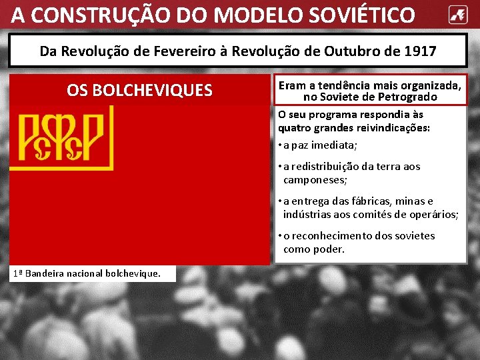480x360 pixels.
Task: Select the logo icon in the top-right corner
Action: pyautogui.click(x=457, y=14)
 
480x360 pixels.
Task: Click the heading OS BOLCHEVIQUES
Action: pyautogui.click(x=139, y=90)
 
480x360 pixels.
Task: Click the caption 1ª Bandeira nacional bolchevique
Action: pyautogui.click(x=86, y=273)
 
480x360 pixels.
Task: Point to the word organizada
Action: pyautogui.click(x=426, y=86)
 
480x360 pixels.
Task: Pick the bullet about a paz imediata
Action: pyautogui.click(x=320, y=145)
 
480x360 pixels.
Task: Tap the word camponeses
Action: pyautogui.click(x=316, y=180)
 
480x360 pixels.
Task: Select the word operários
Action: pyautogui.click(x=434, y=214)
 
